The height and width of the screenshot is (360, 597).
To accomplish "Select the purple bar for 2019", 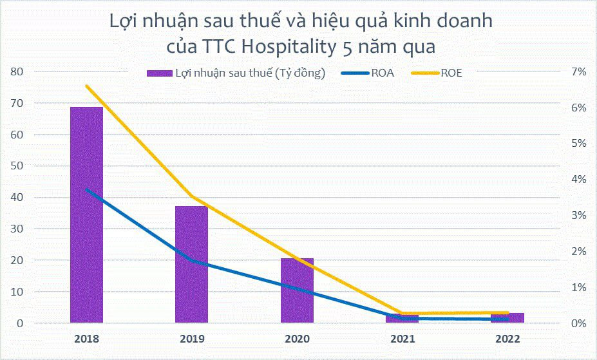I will pos(191,264).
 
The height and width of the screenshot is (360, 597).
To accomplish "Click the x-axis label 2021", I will pos(403,339).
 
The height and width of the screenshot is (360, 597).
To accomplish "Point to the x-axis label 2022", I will pos(507,339).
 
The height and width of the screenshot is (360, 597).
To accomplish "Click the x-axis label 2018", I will pos(86,339).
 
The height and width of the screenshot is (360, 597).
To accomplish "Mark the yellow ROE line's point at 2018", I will pos(86,86).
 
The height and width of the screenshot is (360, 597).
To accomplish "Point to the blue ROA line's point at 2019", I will pos(191,260).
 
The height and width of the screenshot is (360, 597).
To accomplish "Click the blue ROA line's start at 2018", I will pos(86,190).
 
